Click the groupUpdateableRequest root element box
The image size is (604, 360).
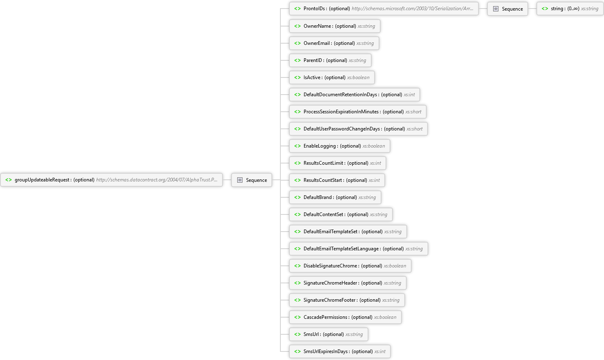[x=112, y=180]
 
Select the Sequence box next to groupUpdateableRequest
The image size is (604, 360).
[x=251, y=180]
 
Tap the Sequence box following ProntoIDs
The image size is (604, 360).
[x=507, y=9]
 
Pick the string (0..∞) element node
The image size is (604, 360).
[x=570, y=9]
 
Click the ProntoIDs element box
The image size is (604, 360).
[x=384, y=9]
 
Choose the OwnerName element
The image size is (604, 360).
[x=335, y=26]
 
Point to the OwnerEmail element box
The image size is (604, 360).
[x=334, y=43]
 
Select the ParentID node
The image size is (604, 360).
[x=330, y=60]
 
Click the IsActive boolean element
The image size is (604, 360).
[x=332, y=77]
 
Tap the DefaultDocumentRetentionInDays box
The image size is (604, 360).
[x=354, y=95]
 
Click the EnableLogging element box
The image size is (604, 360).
[x=339, y=146]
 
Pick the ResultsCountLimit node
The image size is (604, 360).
[x=337, y=163]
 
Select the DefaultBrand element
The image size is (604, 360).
[x=335, y=197]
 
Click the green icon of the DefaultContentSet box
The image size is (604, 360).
[x=298, y=214]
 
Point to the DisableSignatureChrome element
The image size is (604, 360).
[x=350, y=266]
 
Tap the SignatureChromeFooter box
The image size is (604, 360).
[x=347, y=300]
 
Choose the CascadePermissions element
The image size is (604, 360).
[x=345, y=317]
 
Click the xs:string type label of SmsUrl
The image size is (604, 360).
[x=354, y=334]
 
